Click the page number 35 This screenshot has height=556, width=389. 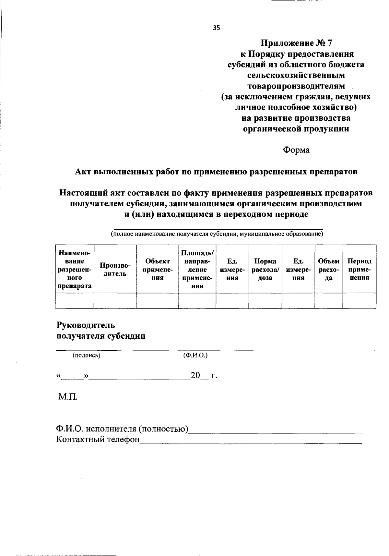(217, 28)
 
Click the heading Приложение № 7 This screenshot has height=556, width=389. (297, 43)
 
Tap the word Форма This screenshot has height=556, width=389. (296, 150)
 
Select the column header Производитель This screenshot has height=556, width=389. (115, 269)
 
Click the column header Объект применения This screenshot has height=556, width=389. (157, 269)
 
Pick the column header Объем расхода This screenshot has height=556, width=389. (328, 269)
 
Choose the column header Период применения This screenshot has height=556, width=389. (359, 269)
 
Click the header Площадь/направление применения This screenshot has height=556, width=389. (197, 269)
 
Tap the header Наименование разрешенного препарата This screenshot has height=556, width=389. (75, 269)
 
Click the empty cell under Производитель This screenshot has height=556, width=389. (115, 300)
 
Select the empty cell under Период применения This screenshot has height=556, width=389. (359, 300)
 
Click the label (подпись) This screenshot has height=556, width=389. (86, 355)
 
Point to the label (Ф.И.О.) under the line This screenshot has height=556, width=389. (195, 355)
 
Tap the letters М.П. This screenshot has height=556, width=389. (68, 396)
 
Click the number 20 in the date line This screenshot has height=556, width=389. (195, 376)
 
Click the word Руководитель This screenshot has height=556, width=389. (86, 325)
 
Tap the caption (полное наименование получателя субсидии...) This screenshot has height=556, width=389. (217, 234)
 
